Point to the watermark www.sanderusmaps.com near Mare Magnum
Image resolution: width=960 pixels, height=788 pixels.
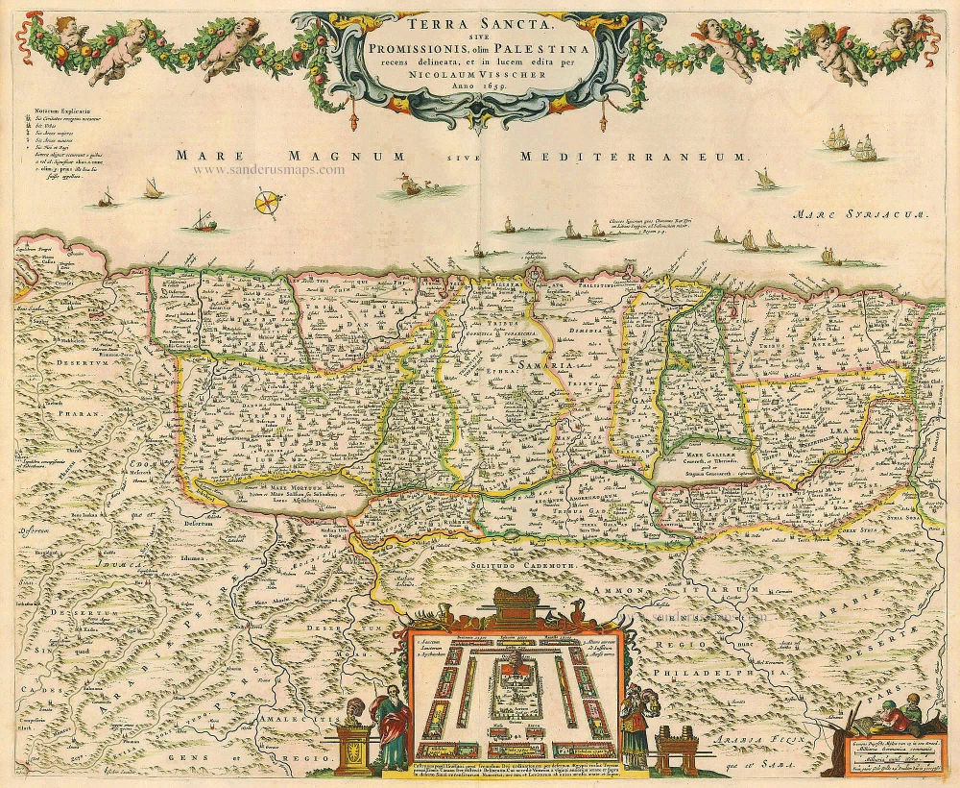click(269, 170)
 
